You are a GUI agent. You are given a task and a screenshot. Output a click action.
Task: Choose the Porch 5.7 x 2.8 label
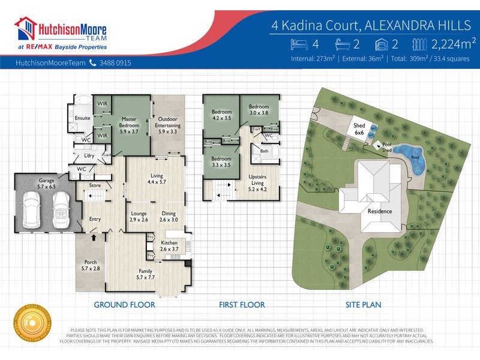(x=90, y=265)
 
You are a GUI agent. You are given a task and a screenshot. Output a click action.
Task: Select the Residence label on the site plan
(x=379, y=211)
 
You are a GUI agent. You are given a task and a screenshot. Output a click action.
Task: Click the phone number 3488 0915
(x=116, y=62)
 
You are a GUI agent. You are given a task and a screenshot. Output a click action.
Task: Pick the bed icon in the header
(x=298, y=43)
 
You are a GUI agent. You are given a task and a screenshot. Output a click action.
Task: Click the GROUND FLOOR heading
(x=124, y=305)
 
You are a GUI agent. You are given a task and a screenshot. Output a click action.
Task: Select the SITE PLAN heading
(x=363, y=305)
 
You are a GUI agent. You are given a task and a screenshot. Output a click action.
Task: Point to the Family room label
(x=145, y=274)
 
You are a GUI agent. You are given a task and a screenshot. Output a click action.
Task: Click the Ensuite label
(x=82, y=118)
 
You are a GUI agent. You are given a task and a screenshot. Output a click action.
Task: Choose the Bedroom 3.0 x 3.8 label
(x=259, y=109)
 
